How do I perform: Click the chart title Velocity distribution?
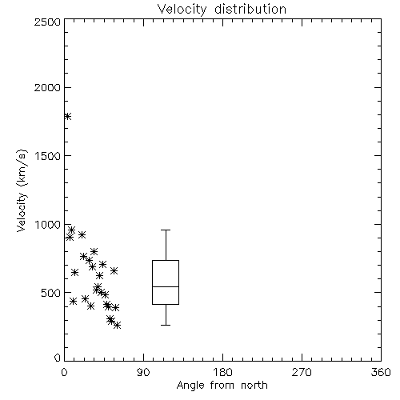tap(222, 10)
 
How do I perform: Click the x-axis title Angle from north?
tap(222, 385)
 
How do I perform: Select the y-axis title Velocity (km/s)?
tap(22, 190)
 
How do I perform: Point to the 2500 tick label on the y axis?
tap(47, 22)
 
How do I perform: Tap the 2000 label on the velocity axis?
tap(47, 87)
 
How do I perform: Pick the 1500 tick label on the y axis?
tap(48, 156)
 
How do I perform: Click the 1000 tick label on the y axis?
tap(48, 224)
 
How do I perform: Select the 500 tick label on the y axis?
tap(51, 293)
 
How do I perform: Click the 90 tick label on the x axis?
tap(143, 372)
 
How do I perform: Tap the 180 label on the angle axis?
tap(222, 372)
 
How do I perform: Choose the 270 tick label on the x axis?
tap(302, 372)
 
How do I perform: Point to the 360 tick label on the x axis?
tap(381, 372)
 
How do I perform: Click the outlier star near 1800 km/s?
tap(67, 116)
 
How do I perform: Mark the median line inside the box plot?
tap(166, 286)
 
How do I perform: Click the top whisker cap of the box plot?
tap(166, 230)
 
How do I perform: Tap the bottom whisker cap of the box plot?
tap(166, 325)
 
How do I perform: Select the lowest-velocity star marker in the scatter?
tap(117, 325)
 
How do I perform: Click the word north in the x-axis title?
tap(254, 385)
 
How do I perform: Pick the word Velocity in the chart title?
tap(182, 10)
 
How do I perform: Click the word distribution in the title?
tap(250, 10)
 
